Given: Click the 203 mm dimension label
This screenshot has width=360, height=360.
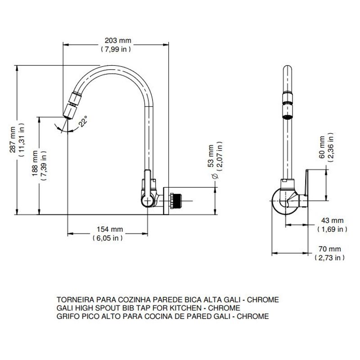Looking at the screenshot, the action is click(118, 40).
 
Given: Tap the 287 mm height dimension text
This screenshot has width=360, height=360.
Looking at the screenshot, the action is click(13, 139).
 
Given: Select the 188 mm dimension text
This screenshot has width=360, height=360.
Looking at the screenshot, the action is click(35, 163).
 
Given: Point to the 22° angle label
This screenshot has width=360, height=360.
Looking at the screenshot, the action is click(83, 121).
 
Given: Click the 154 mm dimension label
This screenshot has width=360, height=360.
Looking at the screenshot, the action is click(110, 229).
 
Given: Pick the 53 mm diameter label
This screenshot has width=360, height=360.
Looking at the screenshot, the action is click(211, 156).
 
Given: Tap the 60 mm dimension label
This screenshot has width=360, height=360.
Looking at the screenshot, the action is click(322, 147).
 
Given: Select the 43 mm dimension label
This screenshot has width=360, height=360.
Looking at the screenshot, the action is click(332, 220).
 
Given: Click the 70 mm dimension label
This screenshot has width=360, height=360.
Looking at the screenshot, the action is click(330, 249).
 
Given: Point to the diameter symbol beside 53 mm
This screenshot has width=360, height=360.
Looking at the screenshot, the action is click(215, 176).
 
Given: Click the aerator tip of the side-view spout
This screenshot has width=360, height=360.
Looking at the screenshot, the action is click(287, 112).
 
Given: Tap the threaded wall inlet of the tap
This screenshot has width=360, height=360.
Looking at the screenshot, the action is click(175, 201).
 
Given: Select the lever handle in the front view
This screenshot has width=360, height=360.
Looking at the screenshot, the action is click(148, 188).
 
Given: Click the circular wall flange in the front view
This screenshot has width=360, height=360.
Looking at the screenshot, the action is click(166, 201).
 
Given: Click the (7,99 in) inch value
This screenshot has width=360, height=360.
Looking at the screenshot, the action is click(116, 49).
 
